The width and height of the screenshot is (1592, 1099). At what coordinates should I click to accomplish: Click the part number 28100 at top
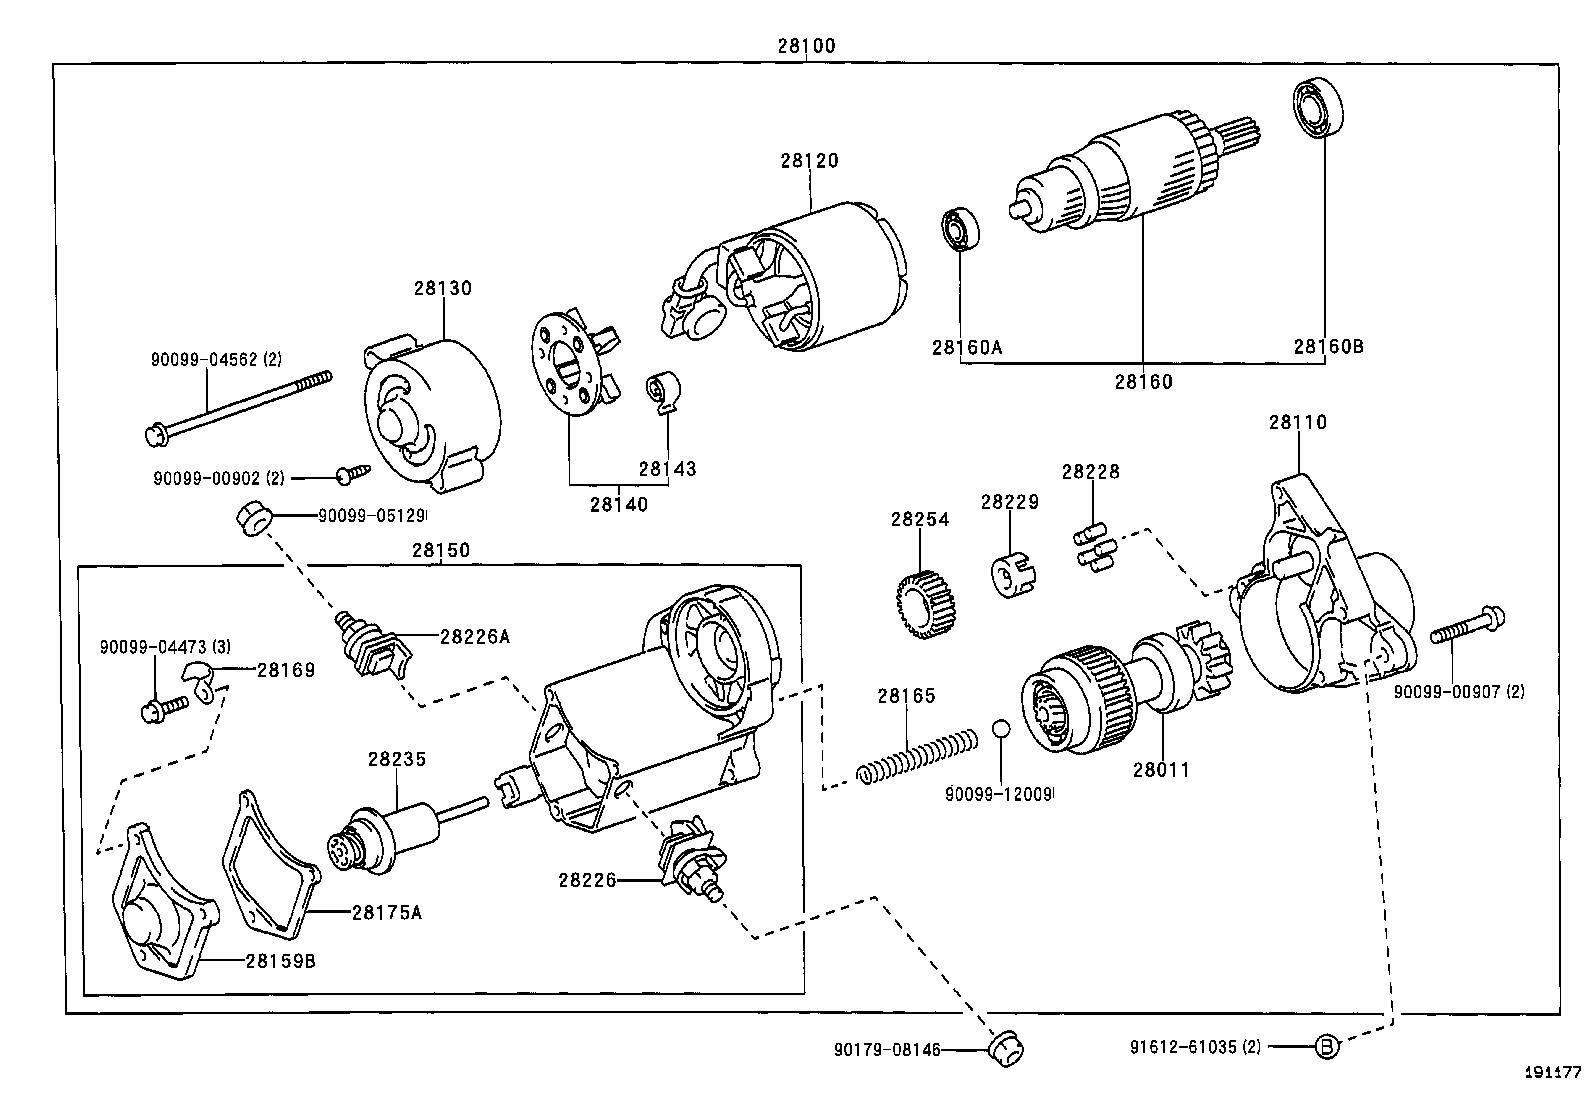tap(806, 45)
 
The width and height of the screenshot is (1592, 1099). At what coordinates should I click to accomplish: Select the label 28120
tap(809, 160)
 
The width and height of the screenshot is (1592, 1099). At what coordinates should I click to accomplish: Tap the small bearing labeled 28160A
tap(960, 230)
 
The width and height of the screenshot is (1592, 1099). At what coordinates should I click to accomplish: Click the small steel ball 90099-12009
tap(1001, 727)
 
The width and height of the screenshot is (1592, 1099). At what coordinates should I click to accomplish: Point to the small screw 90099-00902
tap(354, 472)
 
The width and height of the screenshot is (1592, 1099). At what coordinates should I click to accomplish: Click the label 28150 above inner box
tap(441, 550)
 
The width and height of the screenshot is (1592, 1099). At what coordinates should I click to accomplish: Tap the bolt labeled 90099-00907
tap(1467, 627)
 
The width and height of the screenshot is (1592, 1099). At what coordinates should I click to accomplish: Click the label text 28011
tap(1161, 770)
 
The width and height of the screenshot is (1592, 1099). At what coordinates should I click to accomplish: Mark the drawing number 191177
tap(1552, 1072)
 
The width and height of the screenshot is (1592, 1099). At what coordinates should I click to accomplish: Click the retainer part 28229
tap(1010, 575)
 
